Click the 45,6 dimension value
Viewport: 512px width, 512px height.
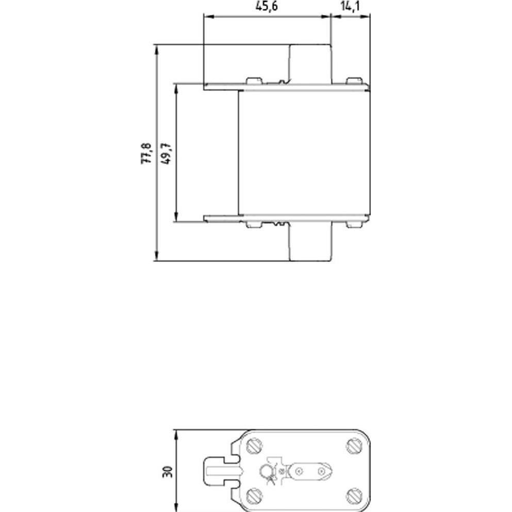click(x=266, y=6)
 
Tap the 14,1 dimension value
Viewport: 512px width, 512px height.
click(x=350, y=6)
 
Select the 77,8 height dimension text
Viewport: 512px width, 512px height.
click(x=146, y=154)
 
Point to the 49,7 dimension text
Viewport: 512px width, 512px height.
click(x=166, y=154)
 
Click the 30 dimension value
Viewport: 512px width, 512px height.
click(x=168, y=472)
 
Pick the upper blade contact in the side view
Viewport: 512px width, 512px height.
click(x=310, y=64)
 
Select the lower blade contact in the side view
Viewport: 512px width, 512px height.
click(x=310, y=242)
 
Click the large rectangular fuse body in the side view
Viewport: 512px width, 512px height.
click(x=304, y=153)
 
